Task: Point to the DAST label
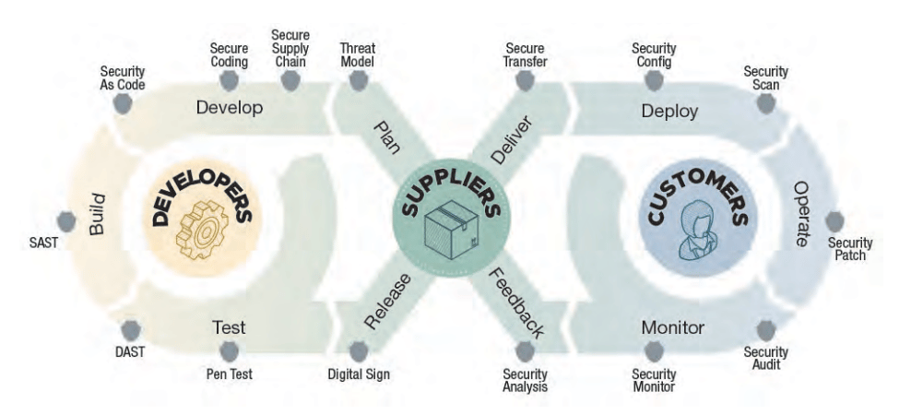[x=129, y=351]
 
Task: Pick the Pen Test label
[x=230, y=374]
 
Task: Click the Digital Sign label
[x=359, y=374]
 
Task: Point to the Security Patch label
[x=849, y=249]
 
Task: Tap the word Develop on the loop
[x=230, y=108]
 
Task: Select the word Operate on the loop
[x=803, y=213]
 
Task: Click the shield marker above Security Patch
[x=834, y=221]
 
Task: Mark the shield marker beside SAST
[x=65, y=222]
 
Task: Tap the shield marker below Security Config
[x=654, y=80]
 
